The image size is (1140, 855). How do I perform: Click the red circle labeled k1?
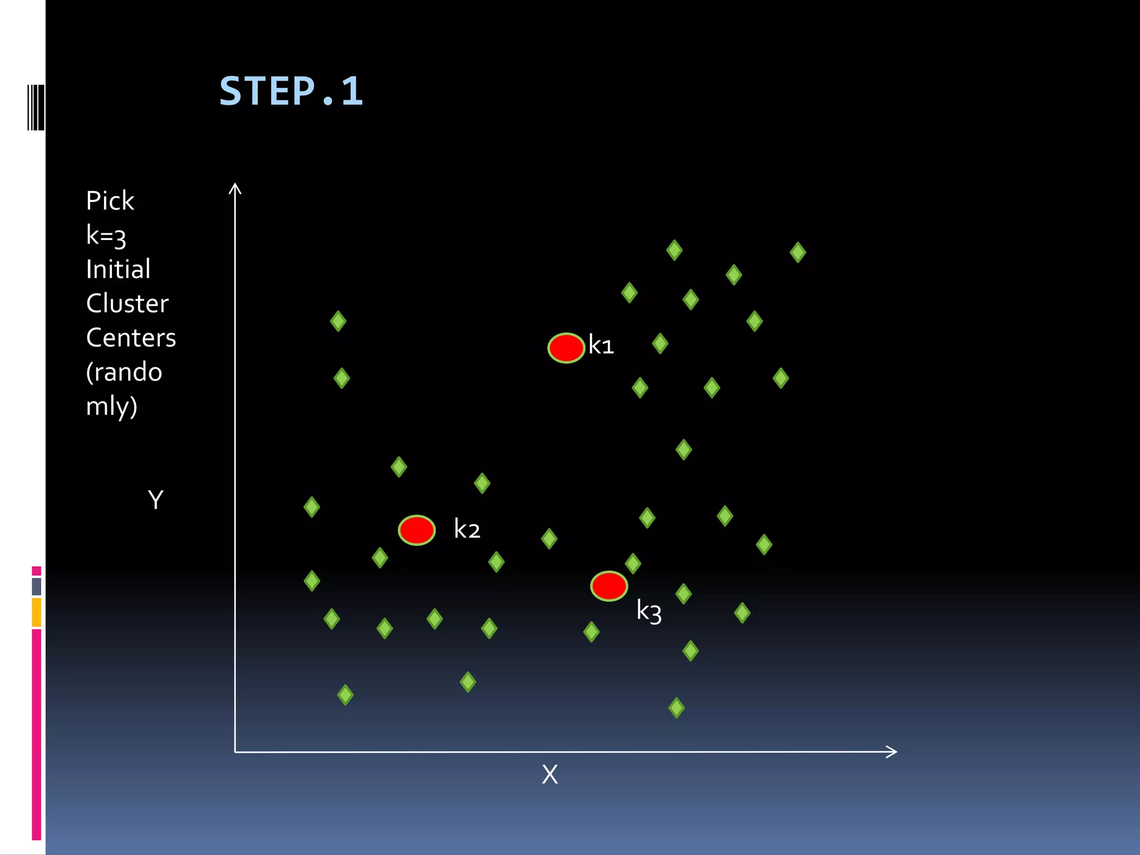566,348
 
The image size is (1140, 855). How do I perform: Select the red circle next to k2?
416,530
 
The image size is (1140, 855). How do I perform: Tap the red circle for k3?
609,586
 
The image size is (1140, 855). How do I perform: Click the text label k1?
601,346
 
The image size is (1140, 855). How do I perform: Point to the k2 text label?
467,529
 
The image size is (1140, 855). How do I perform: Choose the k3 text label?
649,611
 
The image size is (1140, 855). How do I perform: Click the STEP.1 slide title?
291,91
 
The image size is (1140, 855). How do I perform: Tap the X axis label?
550,774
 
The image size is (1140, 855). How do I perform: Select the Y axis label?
156,500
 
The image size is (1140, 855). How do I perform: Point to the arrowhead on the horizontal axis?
892,751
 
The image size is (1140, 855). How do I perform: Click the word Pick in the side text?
110,201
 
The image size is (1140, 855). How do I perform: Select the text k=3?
106,235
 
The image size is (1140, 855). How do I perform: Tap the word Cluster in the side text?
127,304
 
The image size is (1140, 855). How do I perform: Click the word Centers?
131,338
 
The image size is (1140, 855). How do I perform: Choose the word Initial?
118,269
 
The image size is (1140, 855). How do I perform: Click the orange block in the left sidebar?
37,612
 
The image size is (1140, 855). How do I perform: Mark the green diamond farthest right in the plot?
798,252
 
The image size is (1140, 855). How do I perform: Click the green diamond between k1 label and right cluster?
660,343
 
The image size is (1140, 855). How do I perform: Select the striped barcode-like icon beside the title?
36,107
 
